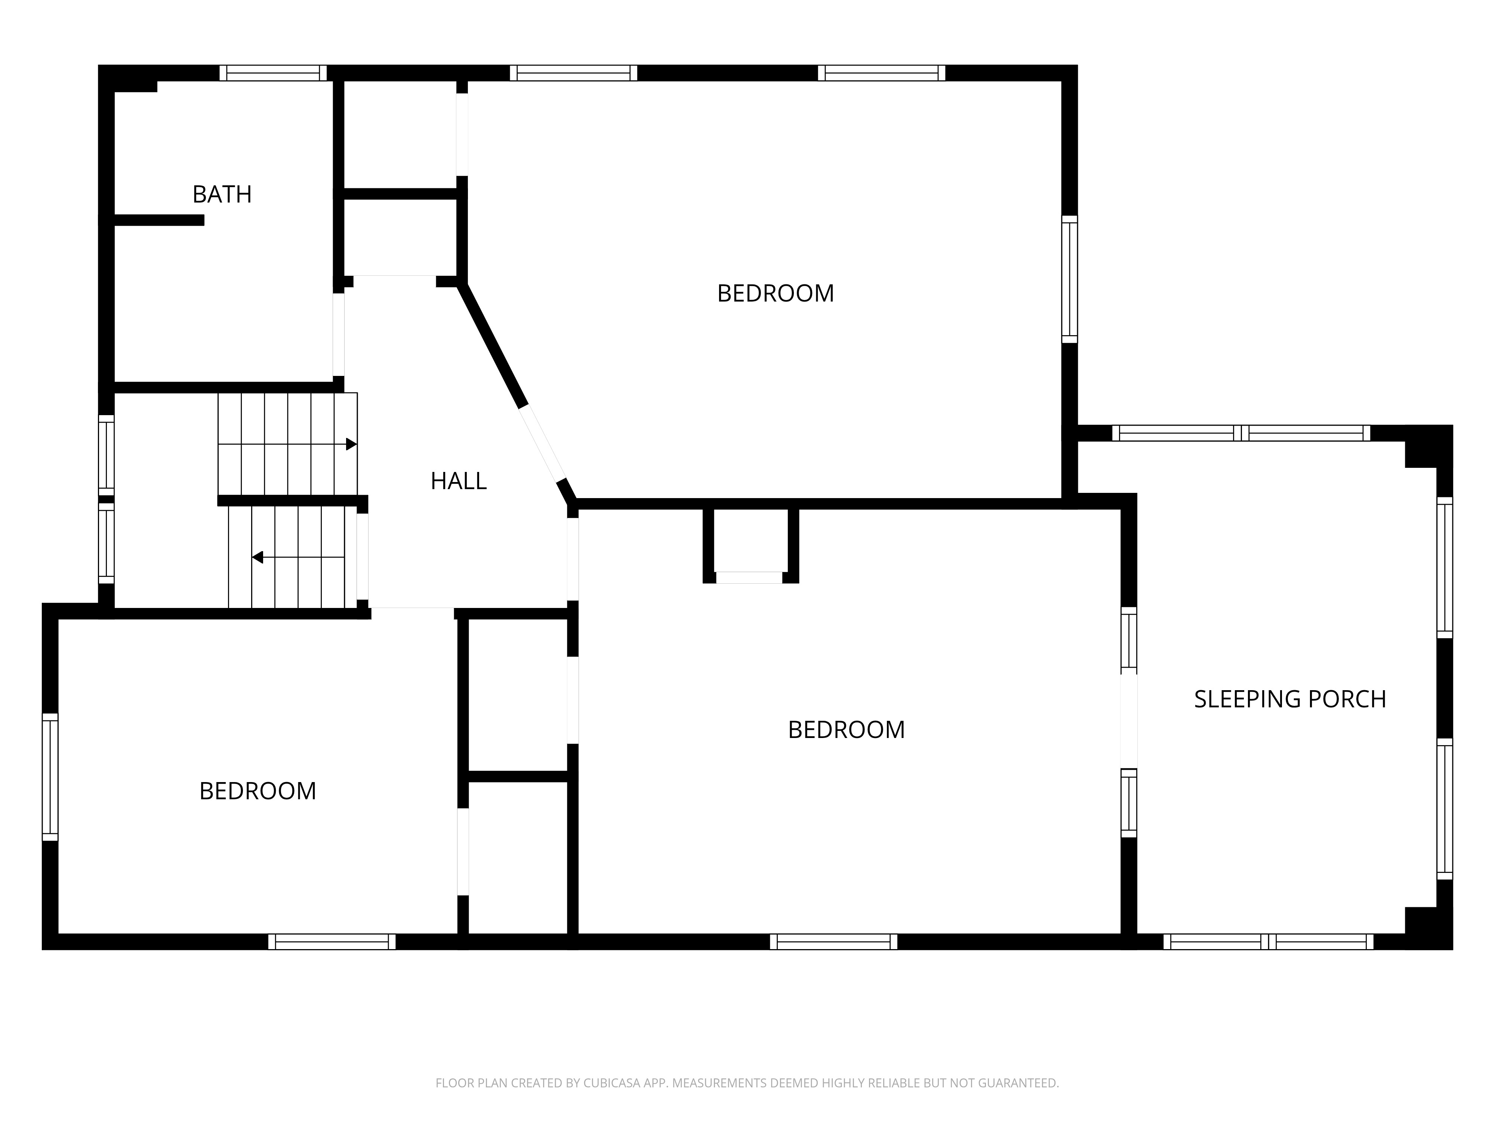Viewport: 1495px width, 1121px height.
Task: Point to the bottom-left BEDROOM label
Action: (x=258, y=791)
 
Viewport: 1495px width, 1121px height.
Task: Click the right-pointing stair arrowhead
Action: (x=351, y=444)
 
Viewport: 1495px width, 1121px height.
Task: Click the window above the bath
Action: (x=273, y=73)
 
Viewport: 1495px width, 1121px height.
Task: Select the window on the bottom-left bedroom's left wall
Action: (x=50, y=777)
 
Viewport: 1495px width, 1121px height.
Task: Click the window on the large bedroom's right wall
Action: (x=1069, y=279)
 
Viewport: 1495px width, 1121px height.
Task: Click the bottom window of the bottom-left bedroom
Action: (x=332, y=942)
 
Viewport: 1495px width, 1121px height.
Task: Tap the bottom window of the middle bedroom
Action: (x=834, y=942)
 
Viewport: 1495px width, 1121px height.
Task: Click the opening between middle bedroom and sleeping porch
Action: (x=1129, y=722)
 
